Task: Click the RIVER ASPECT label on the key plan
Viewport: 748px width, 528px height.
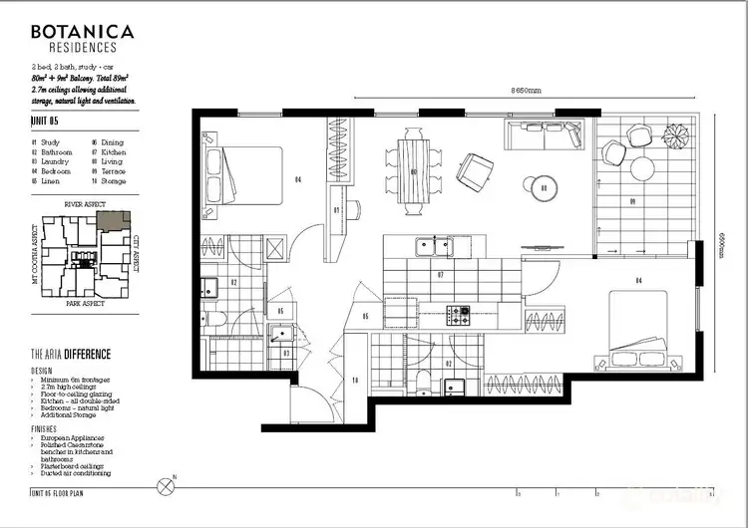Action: pos(85,203)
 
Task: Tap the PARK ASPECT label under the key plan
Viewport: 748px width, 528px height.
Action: pos(85,302)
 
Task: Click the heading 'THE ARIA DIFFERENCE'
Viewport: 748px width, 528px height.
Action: pos(71,354)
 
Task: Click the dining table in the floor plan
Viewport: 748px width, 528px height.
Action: pos(414,171)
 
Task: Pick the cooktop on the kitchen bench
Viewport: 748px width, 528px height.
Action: pos(460,315)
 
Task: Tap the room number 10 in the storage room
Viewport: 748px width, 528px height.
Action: pos(354,380)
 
